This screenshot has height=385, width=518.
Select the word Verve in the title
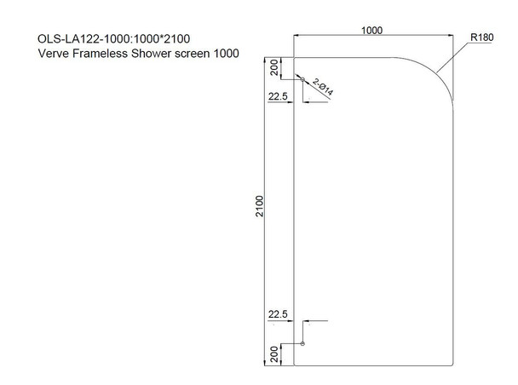coord(54,54)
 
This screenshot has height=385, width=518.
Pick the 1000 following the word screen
coord(227,54)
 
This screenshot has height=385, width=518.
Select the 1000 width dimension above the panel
coord(371,30)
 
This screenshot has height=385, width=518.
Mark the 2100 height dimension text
coord(259,207)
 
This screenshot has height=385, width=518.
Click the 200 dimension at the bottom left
coord(274,353)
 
